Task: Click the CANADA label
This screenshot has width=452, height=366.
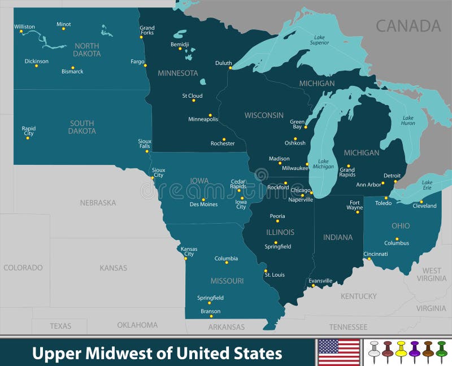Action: click(x=408, y=25)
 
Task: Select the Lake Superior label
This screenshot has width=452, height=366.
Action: click(x=320, y=40)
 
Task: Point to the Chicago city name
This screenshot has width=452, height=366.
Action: click(x=301, y=191)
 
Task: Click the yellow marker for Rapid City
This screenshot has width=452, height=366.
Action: click(x=27, y=138)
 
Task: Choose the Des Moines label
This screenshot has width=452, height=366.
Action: click(x=203, y=204)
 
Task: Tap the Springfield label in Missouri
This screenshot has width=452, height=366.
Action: click(x=210, y=298)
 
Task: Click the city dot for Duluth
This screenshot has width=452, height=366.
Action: click(x=231, y=68)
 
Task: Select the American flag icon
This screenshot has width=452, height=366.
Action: click(x=339, y=352)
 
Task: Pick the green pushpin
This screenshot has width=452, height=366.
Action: click(x=441, y=351)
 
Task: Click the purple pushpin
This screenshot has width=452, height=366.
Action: click(x=414, y=351)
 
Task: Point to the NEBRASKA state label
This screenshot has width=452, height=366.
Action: click(x=98, y=202)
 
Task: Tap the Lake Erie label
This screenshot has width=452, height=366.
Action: click(x=427, y=185)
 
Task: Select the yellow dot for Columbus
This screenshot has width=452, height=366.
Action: click(x=397, y=238)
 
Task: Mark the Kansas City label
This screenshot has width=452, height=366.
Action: click(x=189, y=251)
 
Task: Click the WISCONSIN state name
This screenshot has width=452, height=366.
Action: click(x=264, y=115)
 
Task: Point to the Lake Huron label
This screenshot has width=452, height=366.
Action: click(x=407, y=120)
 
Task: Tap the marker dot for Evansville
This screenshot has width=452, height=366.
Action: click(x=313, y=286)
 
